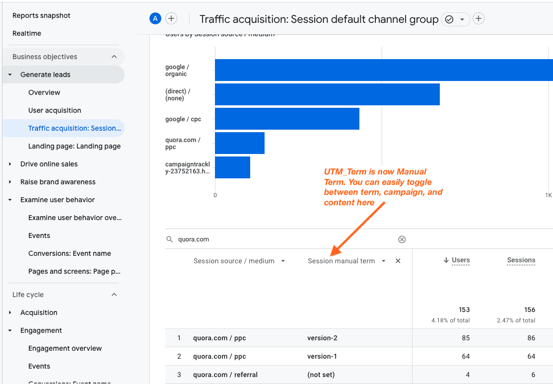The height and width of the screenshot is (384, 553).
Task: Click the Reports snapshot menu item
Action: point(41,15)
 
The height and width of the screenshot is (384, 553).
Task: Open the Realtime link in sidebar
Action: point(27,33)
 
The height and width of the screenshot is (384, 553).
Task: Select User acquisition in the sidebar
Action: point(55,110)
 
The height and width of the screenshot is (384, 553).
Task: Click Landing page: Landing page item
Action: point(74,146)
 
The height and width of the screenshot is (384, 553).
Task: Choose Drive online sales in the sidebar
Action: point(49,164)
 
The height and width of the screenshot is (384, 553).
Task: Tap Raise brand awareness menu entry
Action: point(58,182)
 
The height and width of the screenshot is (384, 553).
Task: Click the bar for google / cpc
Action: point(287,119)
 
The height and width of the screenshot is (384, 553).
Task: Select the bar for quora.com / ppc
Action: point(239,143)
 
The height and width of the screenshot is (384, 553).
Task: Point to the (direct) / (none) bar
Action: point(327,94)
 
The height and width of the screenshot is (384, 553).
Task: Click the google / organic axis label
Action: point(177,71)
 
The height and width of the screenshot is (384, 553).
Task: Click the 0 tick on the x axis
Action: point(215,195)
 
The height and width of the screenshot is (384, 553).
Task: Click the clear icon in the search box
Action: point(402,239)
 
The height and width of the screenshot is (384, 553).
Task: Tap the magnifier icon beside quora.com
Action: point(170,239)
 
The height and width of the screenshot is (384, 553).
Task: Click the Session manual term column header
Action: point(342,261)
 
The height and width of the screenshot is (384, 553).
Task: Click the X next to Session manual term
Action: point(398,261)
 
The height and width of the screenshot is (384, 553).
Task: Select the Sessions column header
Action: point(521,260)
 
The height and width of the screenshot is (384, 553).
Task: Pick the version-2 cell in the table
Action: point(322,338)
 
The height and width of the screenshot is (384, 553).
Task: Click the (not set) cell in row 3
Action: point(321,375)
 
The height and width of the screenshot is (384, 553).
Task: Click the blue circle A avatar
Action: point(155,19)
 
